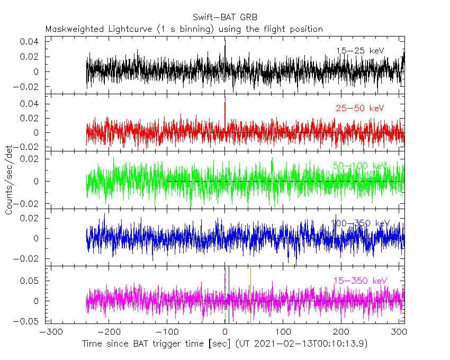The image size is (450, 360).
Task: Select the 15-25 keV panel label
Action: click(x=360, y=51)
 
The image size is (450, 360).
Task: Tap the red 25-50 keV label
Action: click(x=359, y=109)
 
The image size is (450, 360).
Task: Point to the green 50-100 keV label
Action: click(x=361, y=166)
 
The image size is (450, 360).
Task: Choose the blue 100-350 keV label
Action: click(x=360, y=223)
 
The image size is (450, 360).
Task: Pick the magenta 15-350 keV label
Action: click(x=360, y=281)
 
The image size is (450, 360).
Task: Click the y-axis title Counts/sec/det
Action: click(x=9, y=180)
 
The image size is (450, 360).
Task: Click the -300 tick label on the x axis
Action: click(x=49, y=332)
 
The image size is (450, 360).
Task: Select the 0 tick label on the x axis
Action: click(x=225, y=332)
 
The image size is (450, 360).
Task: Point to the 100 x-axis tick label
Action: click(x=283, y=332)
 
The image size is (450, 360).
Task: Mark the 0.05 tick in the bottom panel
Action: click(x=31, y=281)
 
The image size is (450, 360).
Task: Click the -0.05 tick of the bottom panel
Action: click(x=29, y=321)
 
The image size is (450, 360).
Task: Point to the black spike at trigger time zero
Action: click(x=225, y=48)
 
